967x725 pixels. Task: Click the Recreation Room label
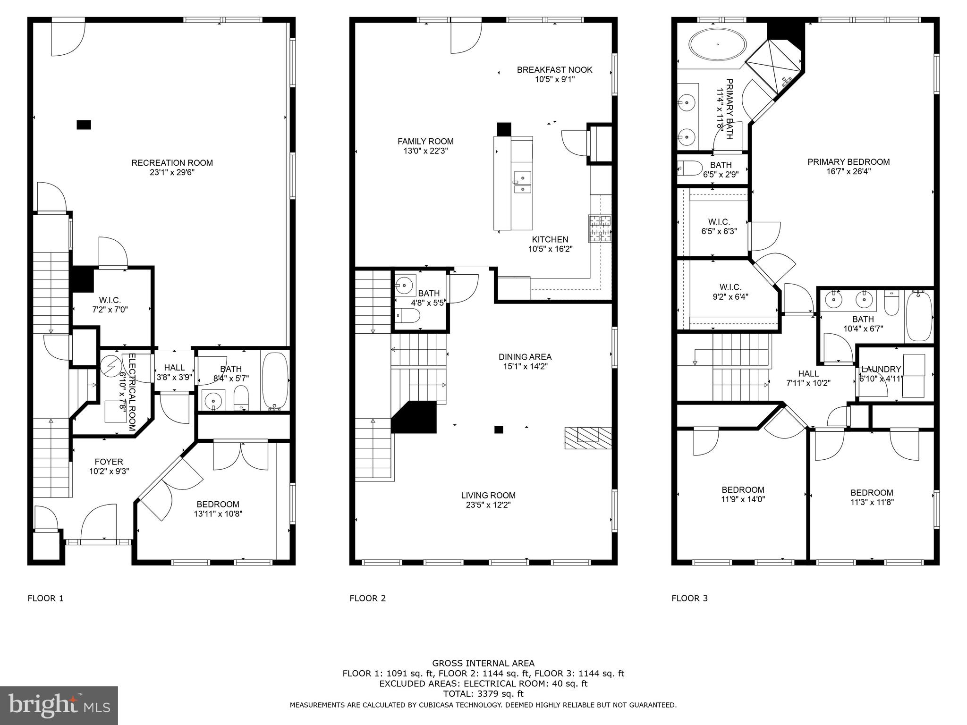click(172, 163)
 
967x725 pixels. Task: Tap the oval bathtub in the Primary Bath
click(718, 45)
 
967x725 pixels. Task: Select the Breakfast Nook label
click(554, 70)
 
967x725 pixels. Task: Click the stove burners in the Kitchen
click(600, 228)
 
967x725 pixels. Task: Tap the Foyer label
click(109, 462)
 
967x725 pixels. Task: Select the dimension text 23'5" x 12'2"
click(488, 505)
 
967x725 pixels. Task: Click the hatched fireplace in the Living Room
click(588, 438)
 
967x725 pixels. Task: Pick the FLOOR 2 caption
click(367, 599)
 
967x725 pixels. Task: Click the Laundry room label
click(881, 369)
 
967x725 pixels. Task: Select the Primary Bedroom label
click(848, 162)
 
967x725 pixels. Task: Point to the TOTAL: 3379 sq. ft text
click(483, 693)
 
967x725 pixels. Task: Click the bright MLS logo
click(59, 705)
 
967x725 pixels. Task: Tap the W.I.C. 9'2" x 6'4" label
click(730, 287)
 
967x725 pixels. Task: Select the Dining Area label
click(525, 357)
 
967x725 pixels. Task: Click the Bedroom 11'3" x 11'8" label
click(872, 493)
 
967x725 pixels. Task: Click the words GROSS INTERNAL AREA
click(483, 664)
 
